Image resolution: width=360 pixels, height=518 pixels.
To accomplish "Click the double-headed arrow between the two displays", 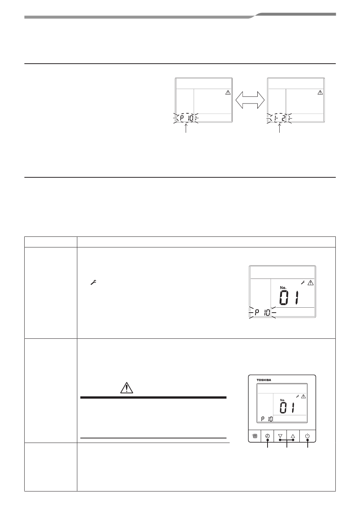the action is click(x=250, y=100).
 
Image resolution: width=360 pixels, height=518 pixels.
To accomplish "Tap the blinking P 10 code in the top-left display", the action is click(x=186, y=119).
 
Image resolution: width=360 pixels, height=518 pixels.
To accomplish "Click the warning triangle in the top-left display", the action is click(x=228, y=92).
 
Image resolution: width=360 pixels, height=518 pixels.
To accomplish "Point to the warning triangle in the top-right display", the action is click(x=320, y=92).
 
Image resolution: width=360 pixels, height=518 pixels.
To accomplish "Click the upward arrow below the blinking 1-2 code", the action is click(x=280, y=128).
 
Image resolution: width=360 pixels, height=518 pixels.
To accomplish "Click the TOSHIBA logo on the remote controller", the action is click(x=264, y=380).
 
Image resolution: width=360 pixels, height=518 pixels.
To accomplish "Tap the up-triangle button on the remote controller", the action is click(x=293, y=436).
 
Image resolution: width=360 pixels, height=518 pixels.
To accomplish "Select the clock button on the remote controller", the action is click(x=267, y=436).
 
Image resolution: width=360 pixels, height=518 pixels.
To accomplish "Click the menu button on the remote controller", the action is click(x=255, y=436).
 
